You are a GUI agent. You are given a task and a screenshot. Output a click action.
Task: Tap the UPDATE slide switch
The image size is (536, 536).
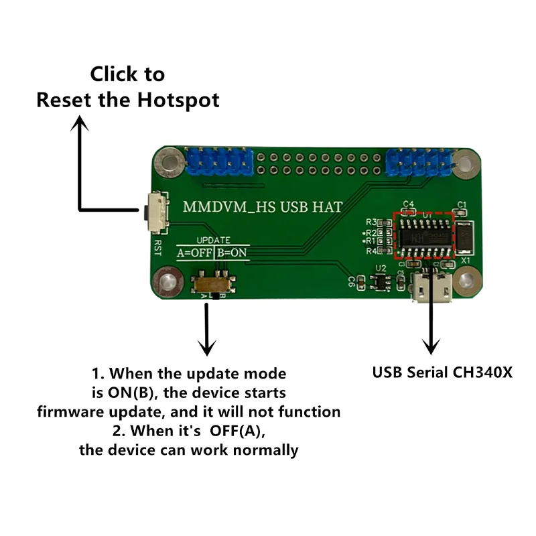tap(214, 284)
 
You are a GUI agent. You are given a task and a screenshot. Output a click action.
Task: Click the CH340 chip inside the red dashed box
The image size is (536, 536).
tap(423, 235)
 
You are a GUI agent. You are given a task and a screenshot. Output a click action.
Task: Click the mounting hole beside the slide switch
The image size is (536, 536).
tap(167, 279)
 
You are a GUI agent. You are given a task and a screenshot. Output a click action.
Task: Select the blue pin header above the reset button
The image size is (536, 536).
tap(219, 161)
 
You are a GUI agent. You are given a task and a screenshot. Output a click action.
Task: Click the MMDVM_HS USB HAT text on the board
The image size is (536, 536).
tap(263, 207)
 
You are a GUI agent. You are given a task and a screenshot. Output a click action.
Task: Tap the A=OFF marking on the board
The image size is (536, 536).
tap(194, 253)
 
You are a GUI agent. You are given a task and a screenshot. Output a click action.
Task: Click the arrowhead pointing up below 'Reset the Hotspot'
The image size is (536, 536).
tap(81, 123)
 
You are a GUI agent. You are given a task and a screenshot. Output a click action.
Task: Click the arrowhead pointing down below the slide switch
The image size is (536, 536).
tap(208, 346)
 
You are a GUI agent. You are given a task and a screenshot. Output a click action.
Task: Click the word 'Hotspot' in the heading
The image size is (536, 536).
tap(179, 100)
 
